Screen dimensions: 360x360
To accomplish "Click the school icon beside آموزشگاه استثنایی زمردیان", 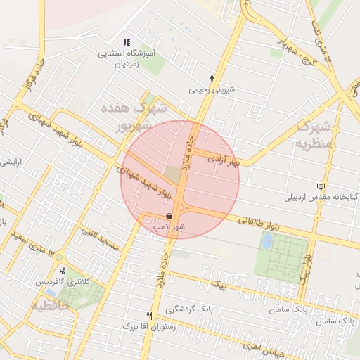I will pyautogui.click(x=127, y=43).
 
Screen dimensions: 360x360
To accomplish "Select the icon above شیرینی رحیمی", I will pyautogui.click(x=212, y=79).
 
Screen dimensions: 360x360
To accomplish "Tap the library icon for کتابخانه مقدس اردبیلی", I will pyautogui.click(x=322, y=186).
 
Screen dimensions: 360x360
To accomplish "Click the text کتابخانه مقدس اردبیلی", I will pyautogui.click(x=321, y=196).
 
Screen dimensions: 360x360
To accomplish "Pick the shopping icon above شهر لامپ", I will pyautogui.click(x=169, y=217).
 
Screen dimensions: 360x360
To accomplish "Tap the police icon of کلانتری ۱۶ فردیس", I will pyautogui.click(x=63, y=271).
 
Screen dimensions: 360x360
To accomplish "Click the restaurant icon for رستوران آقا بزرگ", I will pyautogui.click(x=148, y=316).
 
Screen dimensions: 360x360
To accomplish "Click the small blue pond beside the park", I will pyautogui.click(x=267, y=240).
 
